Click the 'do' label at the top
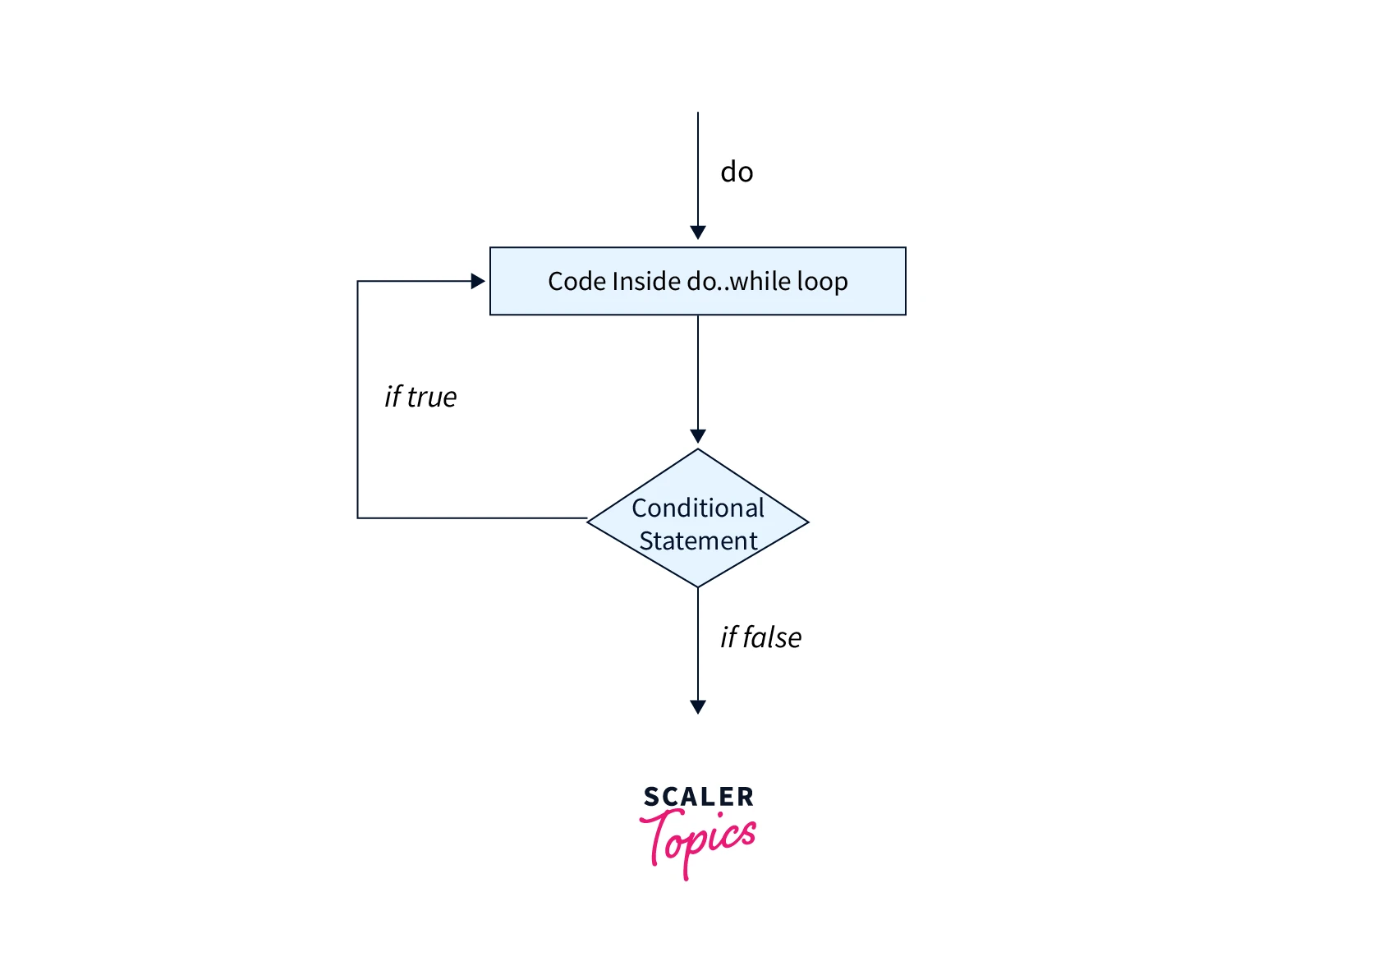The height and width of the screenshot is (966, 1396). (737, 172)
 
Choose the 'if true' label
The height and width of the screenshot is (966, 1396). (420, 397)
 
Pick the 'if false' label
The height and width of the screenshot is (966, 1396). (760, 637)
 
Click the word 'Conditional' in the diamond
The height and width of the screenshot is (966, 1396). (698, 508)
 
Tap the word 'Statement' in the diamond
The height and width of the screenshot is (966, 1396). (698, 540)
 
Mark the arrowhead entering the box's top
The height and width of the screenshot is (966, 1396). (698, 232)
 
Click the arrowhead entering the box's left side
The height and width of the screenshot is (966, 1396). (478, 282)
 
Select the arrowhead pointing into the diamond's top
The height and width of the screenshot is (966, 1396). (698, 436)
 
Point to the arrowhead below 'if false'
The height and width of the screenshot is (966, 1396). (698, 706)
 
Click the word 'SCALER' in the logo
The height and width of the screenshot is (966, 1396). (698, 797)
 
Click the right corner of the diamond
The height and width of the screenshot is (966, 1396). (807, 522)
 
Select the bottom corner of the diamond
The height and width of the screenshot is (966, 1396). (698, 586)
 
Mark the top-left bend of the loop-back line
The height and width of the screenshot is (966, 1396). (358, 282)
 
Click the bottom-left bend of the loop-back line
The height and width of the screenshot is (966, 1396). (358, 517)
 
